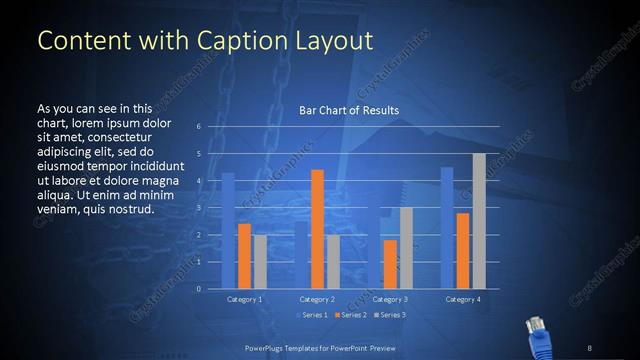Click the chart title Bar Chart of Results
tap(349, 110)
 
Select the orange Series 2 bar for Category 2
tap(317, 230)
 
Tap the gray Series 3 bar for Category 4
tap(478, 221)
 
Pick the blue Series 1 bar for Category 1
tap(228, 231)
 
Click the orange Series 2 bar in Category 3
tap(390, 264)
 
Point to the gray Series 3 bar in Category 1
tap(260, 262)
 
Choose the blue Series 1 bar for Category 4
tap(446, 228)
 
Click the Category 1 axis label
tap(245, 299)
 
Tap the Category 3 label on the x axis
tap(390, 299)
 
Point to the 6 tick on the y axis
tap(200, 127)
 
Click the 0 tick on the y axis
tap(200, 289)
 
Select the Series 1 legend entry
tap(310, 315)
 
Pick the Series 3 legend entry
tap(391, 315)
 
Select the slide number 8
tap(591, 347)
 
